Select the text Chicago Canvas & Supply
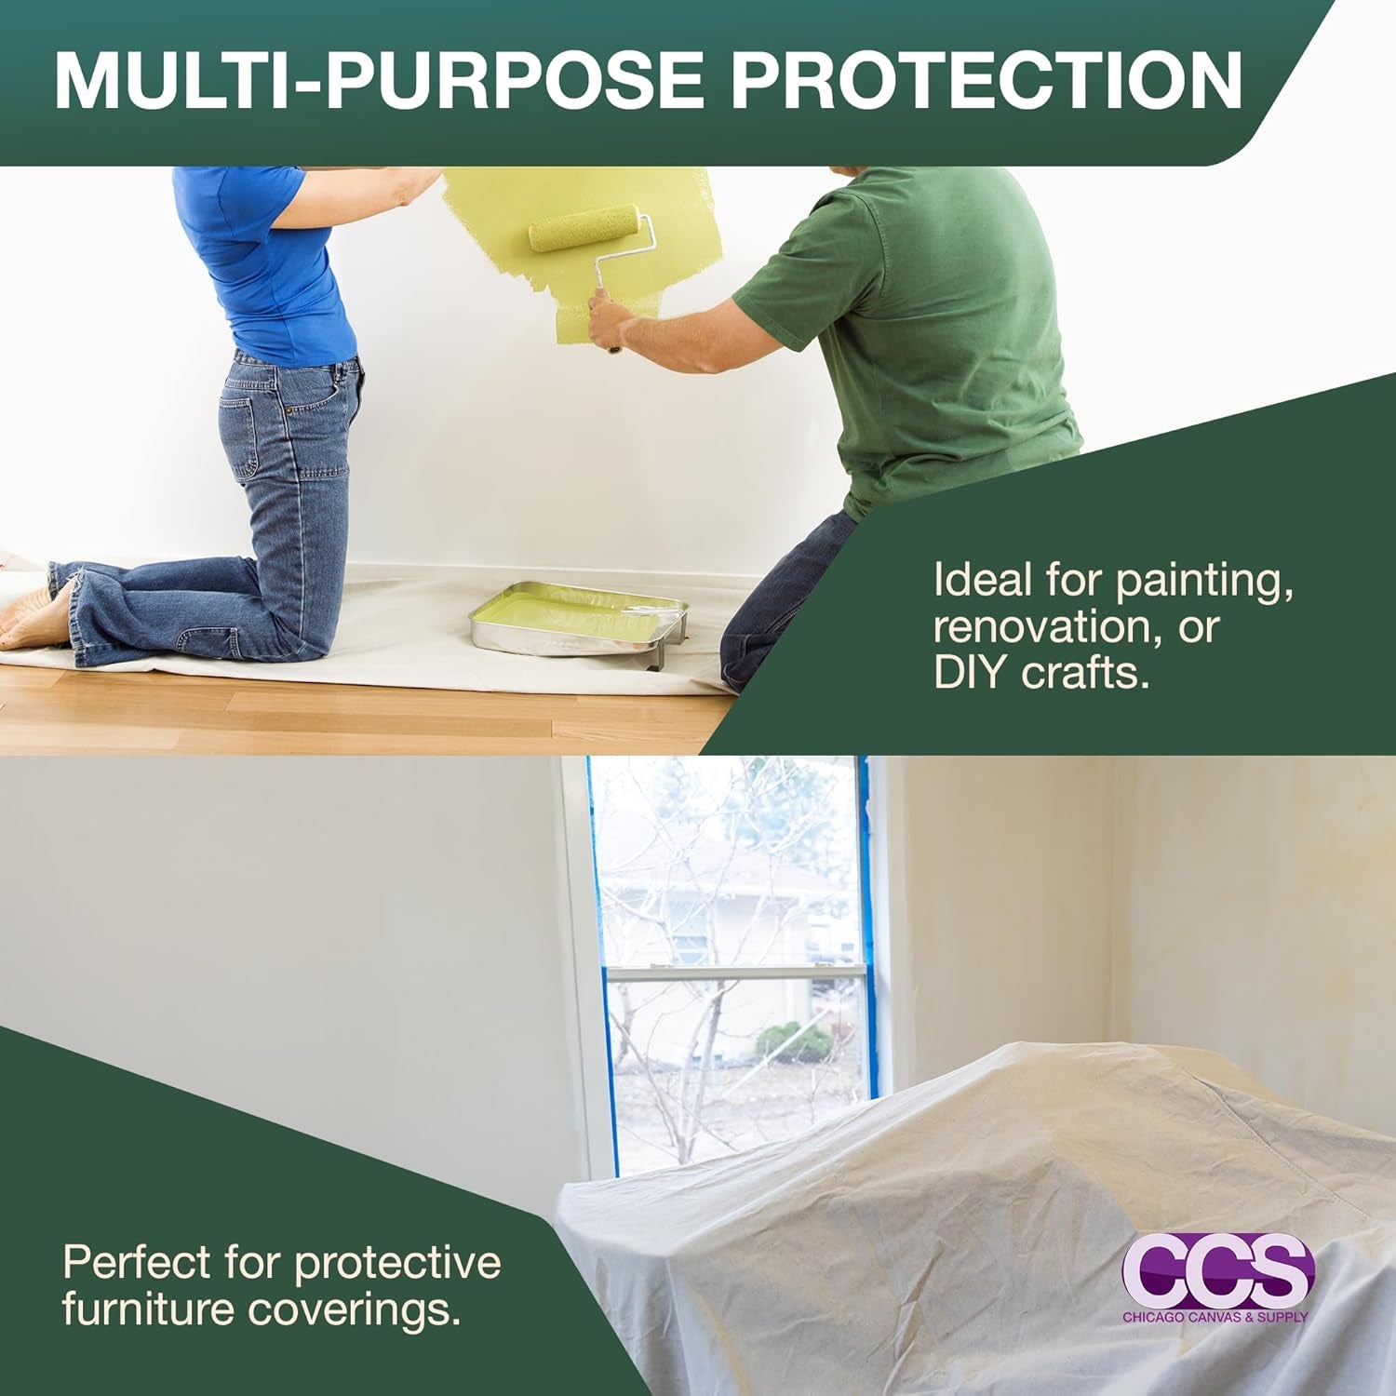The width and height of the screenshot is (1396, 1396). click(1215, 1317)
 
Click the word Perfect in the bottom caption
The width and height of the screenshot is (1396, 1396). click(137, 1263)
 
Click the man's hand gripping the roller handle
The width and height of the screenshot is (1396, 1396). click(610, 321)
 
